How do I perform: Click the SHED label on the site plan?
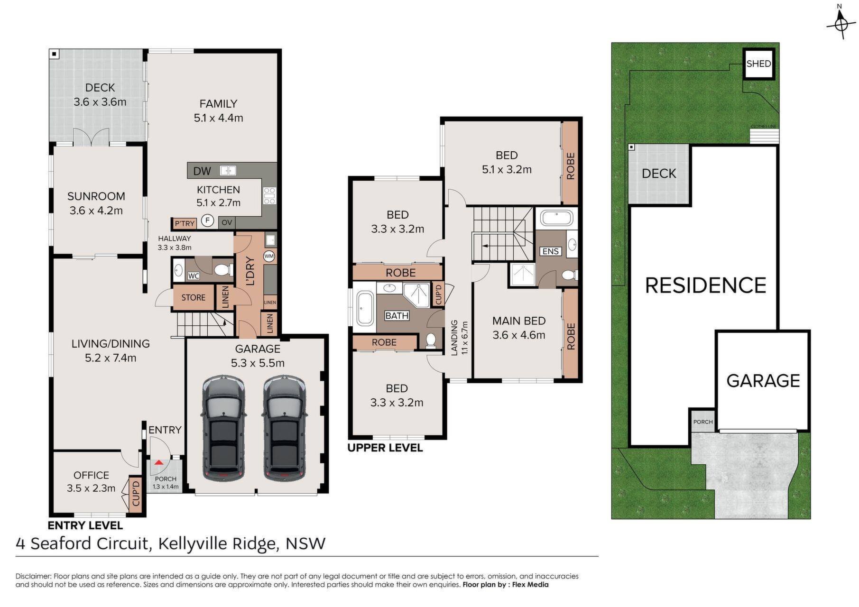coord(758,64)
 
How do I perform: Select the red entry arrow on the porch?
coord(158,461)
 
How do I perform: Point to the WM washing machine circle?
coord(269,256)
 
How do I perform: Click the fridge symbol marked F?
coord(207,221)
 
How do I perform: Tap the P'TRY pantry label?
coord(185,223)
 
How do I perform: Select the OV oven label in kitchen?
coord(227,222)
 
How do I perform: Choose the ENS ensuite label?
coord(550,251)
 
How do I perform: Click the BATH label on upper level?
coord(397,316)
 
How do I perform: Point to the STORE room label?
coord(194,298)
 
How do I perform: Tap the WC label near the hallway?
coord(193,276)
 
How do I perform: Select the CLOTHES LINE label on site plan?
coord(764,127)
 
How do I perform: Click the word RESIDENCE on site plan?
coord(706,285)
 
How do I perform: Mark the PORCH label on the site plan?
coord(703,422)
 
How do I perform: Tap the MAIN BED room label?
coord(519,321)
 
